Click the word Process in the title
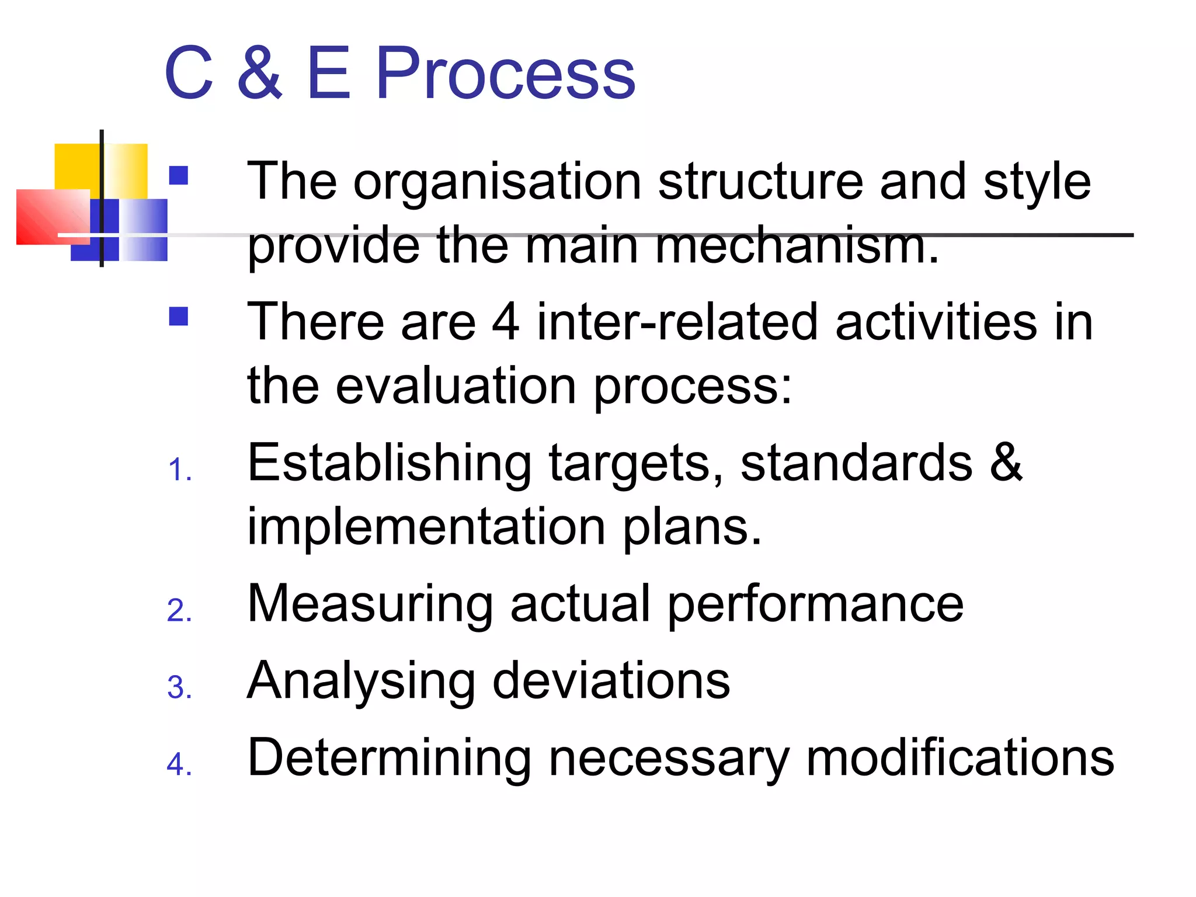505,74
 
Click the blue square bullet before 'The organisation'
179,176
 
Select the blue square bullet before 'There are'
179,317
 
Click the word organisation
498,182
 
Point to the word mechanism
797,245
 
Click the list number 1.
178,470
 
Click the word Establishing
390,463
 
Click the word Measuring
370,604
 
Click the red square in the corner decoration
53,217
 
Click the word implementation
426,527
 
